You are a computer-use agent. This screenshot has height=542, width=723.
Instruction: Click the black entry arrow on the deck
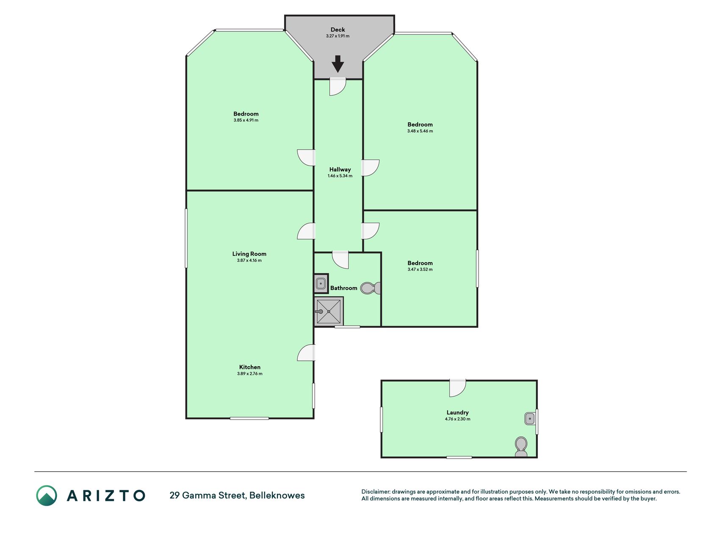point(338,64)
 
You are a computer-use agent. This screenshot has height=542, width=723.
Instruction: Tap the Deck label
point(338,30)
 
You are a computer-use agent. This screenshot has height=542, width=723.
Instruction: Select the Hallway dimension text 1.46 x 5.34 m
point(340,176)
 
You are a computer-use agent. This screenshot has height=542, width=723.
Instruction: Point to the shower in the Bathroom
point(329,311)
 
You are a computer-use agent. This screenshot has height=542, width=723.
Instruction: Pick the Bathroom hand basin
point(321,283)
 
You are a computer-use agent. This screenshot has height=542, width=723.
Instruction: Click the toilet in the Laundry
point(521,447)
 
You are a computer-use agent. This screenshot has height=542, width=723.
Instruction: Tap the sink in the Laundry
point(530,419)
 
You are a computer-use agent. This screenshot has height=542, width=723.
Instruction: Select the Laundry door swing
point(457,388)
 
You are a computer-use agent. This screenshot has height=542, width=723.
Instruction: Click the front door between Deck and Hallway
point(338,87)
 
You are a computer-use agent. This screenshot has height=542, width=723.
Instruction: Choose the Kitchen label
point(250,367)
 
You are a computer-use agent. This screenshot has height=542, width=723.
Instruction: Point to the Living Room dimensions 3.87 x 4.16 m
point(249,260)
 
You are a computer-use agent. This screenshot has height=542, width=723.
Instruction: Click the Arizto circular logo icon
point(47,495)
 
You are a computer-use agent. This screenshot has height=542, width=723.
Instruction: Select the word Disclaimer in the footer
point(376,492)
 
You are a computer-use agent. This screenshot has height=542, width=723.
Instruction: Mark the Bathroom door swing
point(340,260)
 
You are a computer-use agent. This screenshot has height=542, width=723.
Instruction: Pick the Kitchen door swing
point(306,353)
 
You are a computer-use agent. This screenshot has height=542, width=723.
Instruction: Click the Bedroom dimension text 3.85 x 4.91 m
point(246,120)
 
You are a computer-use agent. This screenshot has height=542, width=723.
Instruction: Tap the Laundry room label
point(457,412)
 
